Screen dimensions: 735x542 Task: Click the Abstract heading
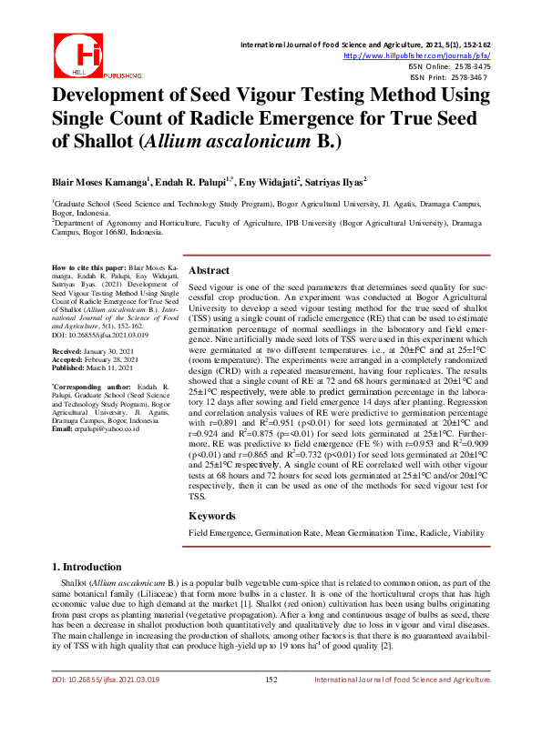click(209, 270)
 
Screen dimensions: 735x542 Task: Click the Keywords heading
click(211, 515)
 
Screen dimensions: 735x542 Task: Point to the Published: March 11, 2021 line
click(94, 366)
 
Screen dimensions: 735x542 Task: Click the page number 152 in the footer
click(271, 705)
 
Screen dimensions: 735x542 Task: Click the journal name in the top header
click(364, 43)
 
